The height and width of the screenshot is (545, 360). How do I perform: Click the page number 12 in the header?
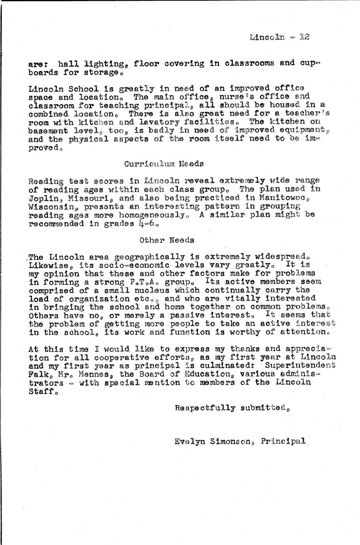304,37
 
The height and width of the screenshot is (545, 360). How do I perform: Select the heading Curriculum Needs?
164,163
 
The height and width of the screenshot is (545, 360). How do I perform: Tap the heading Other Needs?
167,240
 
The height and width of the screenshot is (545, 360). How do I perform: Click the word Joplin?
41,199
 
